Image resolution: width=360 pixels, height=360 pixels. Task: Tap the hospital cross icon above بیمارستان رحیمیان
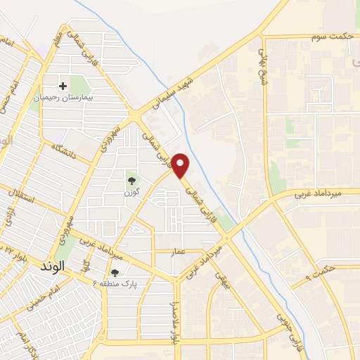tap(63, 86)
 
